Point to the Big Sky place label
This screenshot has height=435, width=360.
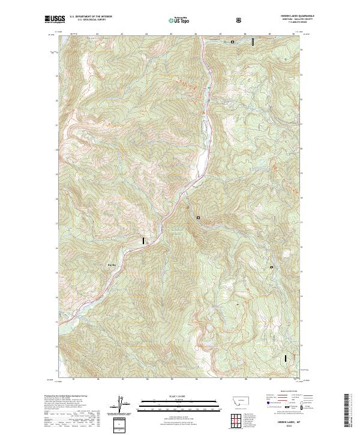point(111,263)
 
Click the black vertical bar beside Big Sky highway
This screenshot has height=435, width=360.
point(143,241)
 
